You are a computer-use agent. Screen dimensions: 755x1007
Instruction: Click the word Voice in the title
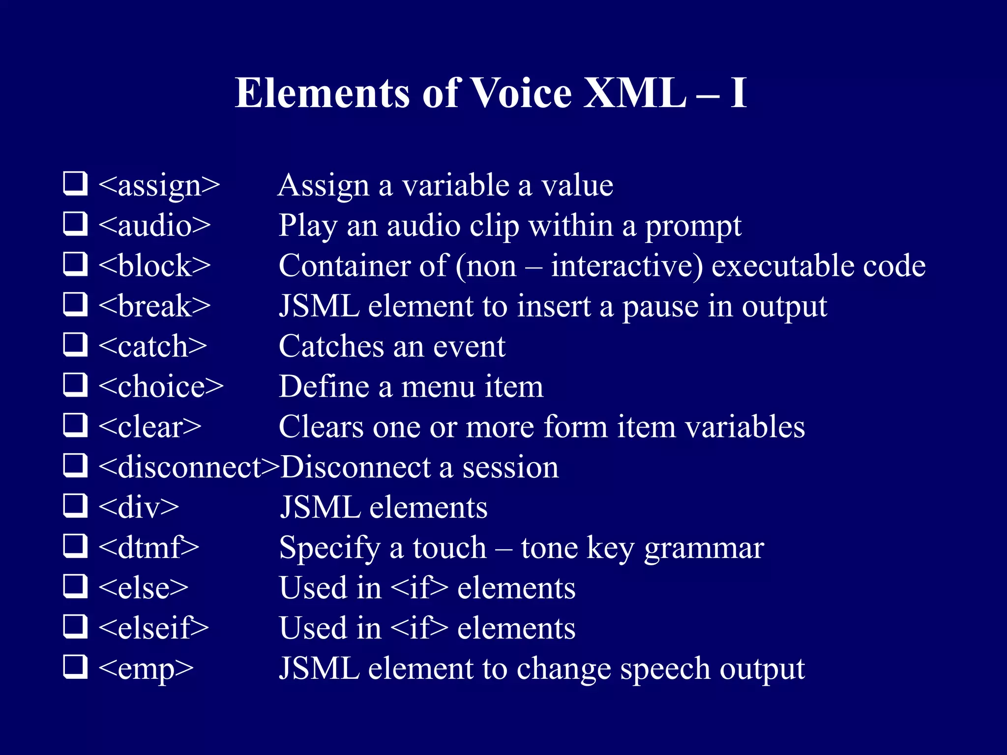coord(521,93)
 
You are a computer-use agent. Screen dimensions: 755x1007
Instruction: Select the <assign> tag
coord(159,186)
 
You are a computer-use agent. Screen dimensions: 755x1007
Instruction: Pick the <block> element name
coord(154,266)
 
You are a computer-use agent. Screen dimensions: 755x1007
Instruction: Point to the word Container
coord(344,266)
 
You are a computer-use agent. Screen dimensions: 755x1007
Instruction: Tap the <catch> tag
coord(152,347)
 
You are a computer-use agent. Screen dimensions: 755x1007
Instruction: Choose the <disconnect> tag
coord(189,467)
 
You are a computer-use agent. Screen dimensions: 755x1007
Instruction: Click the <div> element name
coord(139,507)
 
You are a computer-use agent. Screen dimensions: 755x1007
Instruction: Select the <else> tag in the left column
coord(143,588)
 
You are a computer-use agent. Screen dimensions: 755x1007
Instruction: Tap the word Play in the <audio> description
coord(308,227)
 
